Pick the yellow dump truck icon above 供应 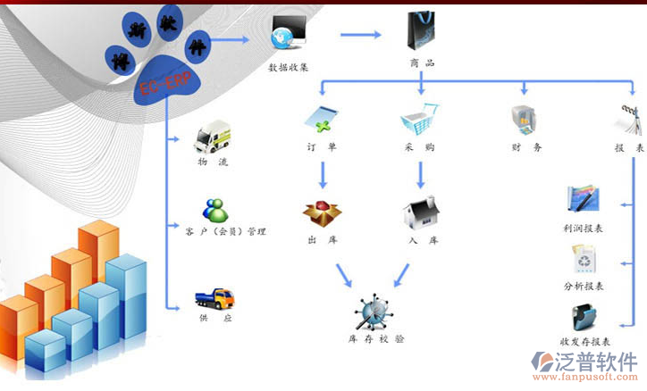[x=215, y=297]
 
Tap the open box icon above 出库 [x=322, y=212]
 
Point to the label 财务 [x=526, y=147]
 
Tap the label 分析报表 [x=584, y=287]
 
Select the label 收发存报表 [x=584, y=342]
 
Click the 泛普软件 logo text [x=597, y=362]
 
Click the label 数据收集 [x=289, y=67]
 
